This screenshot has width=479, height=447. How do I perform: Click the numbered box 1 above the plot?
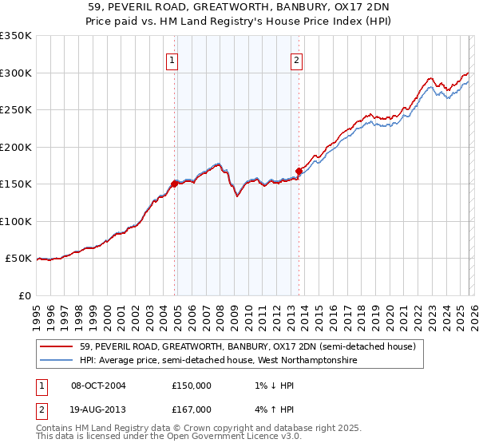pos(173,59)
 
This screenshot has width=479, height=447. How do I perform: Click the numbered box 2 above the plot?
pos(296,59)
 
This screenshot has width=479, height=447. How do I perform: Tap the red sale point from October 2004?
pos(174,184)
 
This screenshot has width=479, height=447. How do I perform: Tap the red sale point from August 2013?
pos(299,171)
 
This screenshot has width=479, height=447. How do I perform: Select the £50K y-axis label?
pos(18,259)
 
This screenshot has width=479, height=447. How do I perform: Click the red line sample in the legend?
pos(57,347)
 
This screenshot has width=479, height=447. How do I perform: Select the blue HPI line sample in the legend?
pos(57,361)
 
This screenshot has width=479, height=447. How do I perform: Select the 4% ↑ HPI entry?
pos(268,409)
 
